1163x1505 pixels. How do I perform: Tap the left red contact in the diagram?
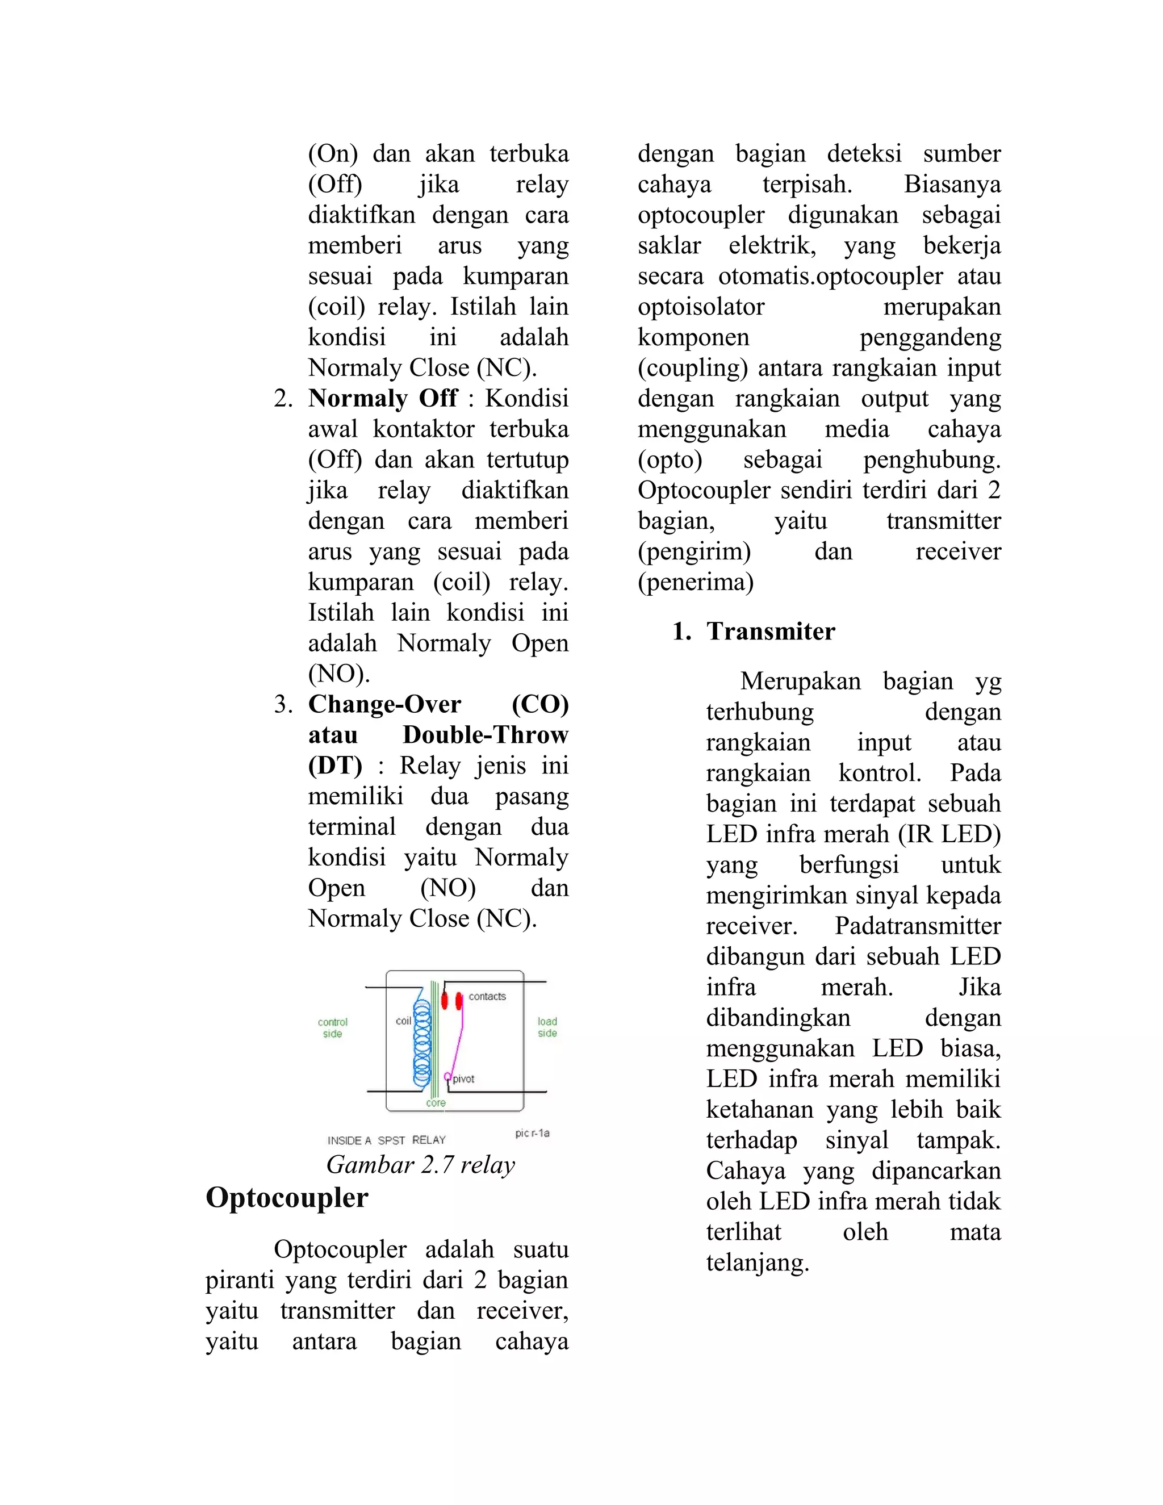[445, 1000]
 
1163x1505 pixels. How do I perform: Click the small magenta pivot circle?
[447, 1076]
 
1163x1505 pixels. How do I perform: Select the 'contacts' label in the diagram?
[487, 997]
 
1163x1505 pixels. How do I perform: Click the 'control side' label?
[333, 1027]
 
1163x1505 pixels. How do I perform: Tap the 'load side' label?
[547, 1027]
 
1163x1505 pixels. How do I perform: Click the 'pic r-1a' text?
[532, 1133]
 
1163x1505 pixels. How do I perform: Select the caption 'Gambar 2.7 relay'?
[420, 1165]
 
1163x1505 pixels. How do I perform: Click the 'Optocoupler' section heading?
[287, 1198]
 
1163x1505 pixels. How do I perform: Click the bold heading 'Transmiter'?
[770, 631]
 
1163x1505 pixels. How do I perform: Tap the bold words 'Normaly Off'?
[382, 398]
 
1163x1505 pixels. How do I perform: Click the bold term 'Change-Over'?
[384, 704]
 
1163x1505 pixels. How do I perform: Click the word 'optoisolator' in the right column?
[701, 307]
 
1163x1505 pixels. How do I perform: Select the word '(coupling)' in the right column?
[692, 368]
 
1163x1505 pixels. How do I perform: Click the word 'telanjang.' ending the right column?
[757, 1262]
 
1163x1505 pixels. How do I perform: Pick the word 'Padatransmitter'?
[917, 926]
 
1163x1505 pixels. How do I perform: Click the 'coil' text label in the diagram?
[403, 1021]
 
